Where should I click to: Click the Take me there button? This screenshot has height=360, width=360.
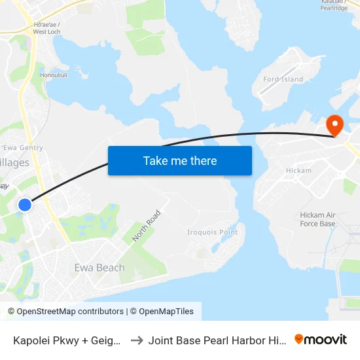click(179, 160)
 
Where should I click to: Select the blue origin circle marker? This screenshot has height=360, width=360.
click(24, 205)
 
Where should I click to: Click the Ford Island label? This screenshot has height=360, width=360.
click(283, 79)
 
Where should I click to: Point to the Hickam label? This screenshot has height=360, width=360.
click(298, 170)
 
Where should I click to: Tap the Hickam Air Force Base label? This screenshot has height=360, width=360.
click(317, 219)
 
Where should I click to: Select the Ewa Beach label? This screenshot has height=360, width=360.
click(99, 267)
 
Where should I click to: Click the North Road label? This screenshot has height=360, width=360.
click(146, 226)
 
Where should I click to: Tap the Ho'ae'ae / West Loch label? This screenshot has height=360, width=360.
click(46, 27)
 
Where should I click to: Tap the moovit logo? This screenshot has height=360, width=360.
click(321, 339)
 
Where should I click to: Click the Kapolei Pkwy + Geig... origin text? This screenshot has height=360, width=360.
click(65, 340)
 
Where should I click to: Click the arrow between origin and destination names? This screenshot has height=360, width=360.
click(137, 340)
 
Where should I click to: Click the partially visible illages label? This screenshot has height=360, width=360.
click(14, 162)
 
